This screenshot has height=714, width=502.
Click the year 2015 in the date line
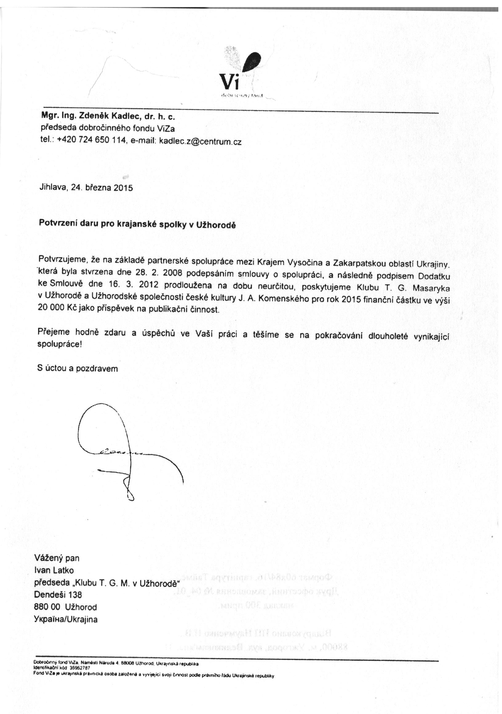pos(123,188)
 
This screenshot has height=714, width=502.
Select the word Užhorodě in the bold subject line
pos(216,225)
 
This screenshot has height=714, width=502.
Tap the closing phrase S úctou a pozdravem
pos(78,369)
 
